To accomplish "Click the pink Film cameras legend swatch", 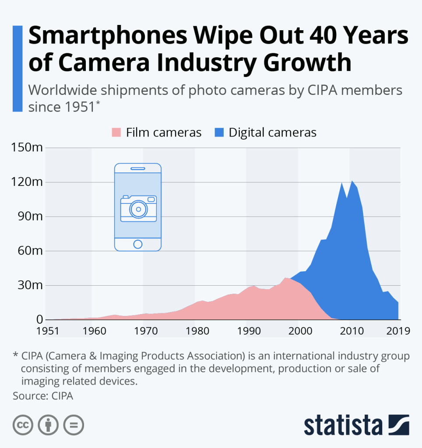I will click(x=116, y=132).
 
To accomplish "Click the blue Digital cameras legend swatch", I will click(x=218, y=132).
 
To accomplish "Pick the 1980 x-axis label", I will click(x=195, y=330).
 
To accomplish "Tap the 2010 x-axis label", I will click(x=349, y=330).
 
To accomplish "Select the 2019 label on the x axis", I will click(x=397, y=330).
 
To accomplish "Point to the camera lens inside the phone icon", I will click(x=138, y=209).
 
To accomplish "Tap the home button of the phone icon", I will click(x=138, y=244).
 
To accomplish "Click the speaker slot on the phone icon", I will click(x=138, y=168).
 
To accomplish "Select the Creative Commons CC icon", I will click(x=23, y=425).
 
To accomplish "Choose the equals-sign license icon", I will click(x=74, y=425).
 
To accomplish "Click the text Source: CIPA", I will click(x=42, y=396).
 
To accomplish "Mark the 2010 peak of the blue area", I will click(x=352, y=181).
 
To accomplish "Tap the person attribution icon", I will click(x=48, y=425).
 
